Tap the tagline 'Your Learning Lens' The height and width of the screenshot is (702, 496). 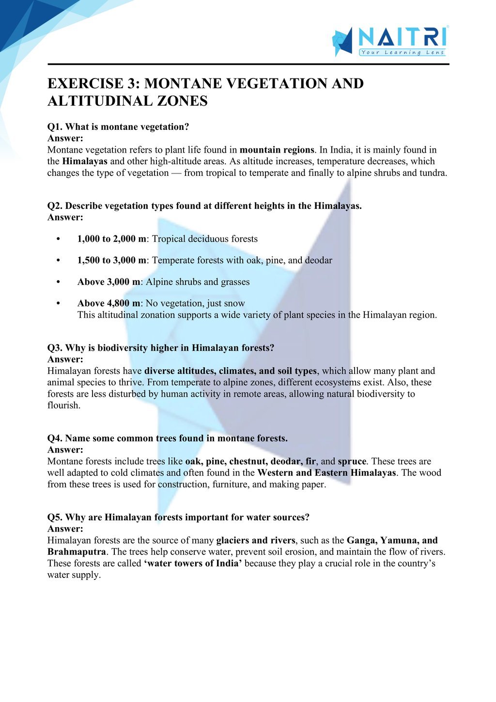402,52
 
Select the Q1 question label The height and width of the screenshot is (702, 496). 55,127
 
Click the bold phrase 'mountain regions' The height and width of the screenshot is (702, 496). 277,150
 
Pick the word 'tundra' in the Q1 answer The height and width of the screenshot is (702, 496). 433,173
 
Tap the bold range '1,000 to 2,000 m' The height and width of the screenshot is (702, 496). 111,239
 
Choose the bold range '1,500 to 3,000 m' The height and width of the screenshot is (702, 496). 111,260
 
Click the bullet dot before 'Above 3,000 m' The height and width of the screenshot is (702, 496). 58,282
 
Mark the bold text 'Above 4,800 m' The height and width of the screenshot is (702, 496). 108,303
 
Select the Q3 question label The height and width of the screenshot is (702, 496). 55,348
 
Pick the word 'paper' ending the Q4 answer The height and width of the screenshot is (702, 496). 312,484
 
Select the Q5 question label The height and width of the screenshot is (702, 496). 55,517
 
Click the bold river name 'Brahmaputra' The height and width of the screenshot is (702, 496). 77,552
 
